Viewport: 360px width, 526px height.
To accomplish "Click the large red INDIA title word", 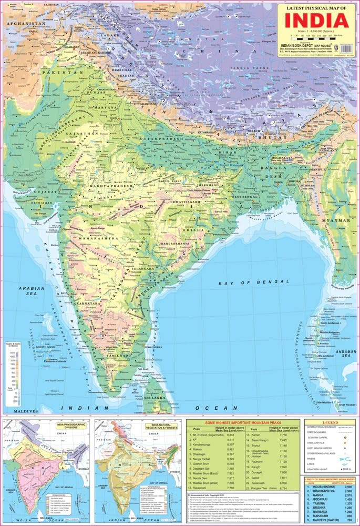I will pos(315,21).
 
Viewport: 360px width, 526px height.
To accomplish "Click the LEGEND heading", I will pos(330,422).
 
